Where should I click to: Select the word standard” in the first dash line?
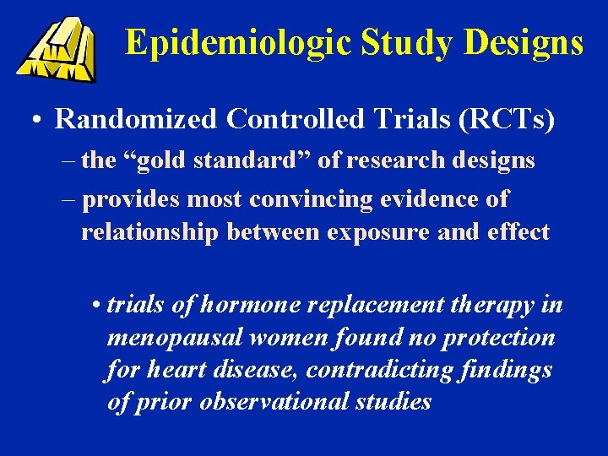[257, 160]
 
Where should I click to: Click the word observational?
[269, 401]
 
